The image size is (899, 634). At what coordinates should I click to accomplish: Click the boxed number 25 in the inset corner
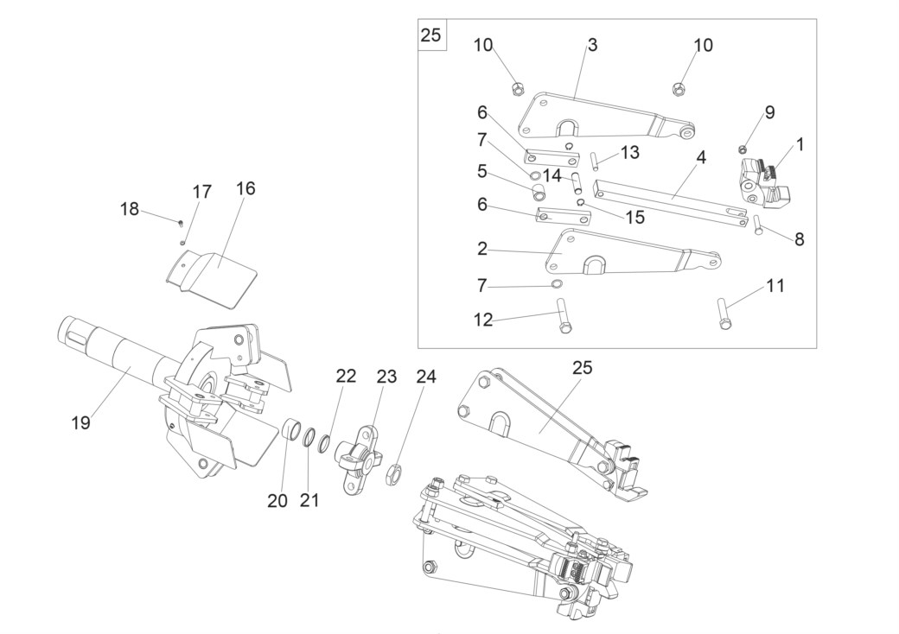click(430, 35)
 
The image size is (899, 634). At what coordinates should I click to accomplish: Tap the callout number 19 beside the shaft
click(81, 422)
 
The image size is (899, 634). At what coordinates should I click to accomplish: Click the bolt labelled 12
click(563, 315)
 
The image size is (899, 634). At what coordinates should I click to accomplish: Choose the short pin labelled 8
click(758, 225)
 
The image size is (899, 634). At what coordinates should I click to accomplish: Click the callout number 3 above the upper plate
click(593, 45)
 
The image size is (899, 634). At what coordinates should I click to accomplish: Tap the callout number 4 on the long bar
click(702, 157)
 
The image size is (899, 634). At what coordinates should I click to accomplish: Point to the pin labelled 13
click(596, 161)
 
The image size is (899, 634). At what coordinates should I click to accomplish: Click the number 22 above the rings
click(347, 377)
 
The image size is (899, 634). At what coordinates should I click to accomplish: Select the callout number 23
click(386, 377)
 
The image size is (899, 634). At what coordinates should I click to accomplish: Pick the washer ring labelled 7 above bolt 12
click(556, 284)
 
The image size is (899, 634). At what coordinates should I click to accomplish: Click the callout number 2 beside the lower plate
click(482, 249)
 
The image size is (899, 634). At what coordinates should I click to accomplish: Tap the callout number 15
click(635, 218)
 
